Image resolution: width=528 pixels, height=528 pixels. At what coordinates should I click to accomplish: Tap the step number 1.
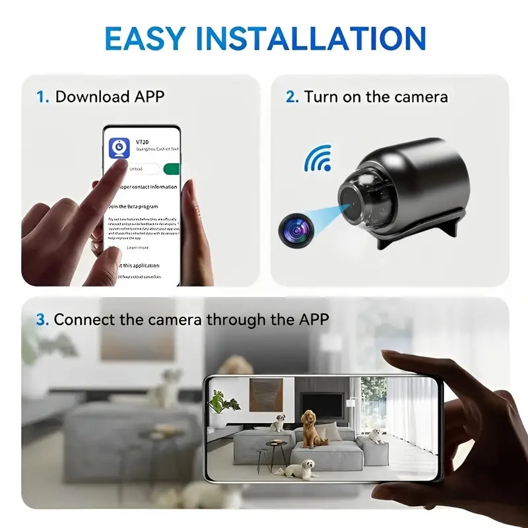click(42, 97)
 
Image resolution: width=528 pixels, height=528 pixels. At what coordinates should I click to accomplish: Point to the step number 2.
click(292, 97)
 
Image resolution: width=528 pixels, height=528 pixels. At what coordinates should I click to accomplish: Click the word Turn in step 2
click(321, 97)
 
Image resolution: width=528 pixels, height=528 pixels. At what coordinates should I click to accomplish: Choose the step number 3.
click(42, 320)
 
